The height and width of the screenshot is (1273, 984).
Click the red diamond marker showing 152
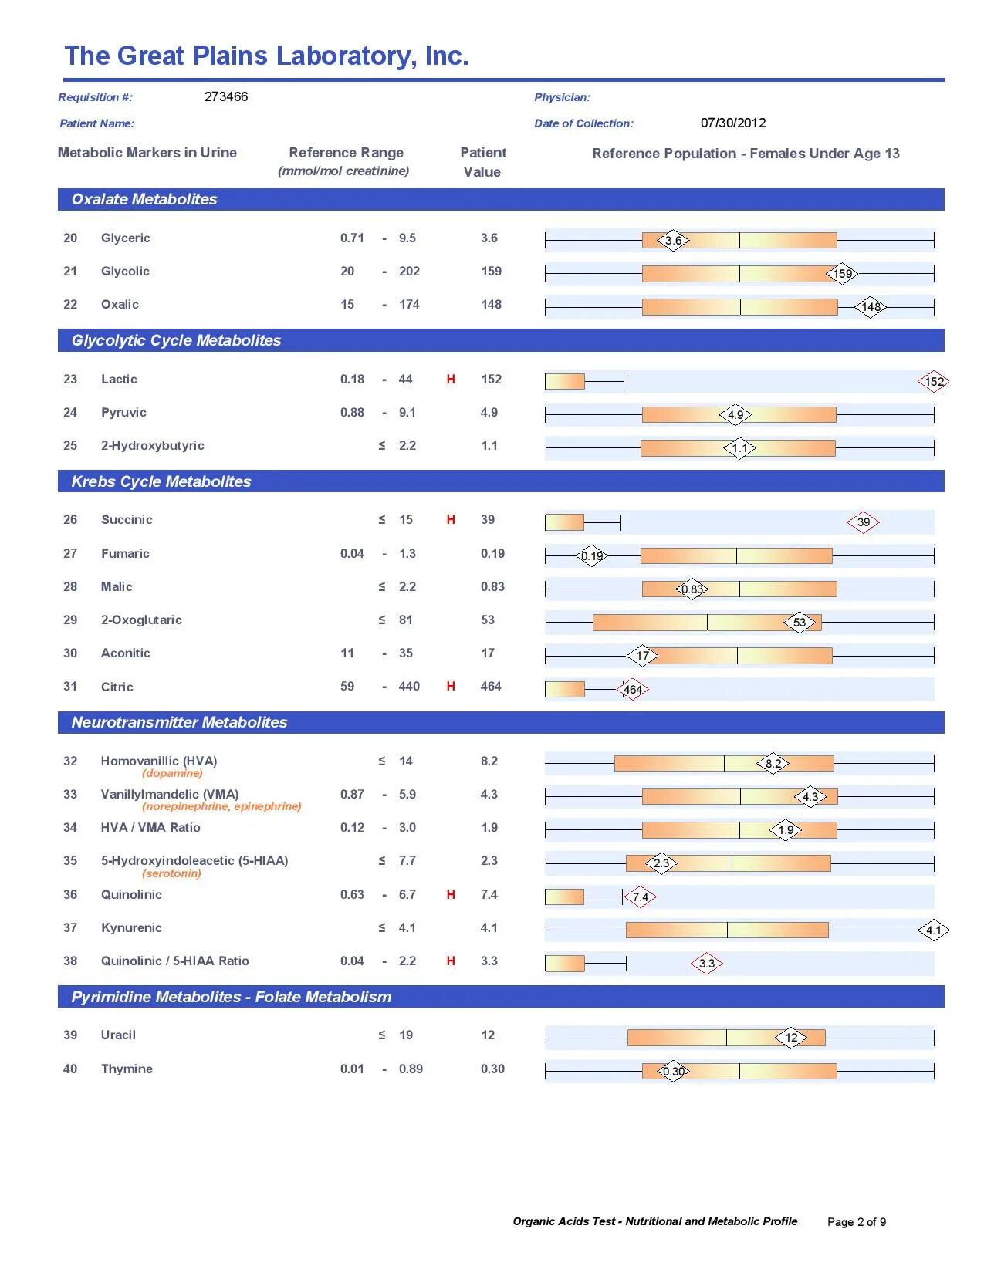[933, 381]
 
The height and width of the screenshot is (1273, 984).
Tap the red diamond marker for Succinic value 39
[863, 522]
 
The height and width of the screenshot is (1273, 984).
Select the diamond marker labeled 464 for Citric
[632, 690]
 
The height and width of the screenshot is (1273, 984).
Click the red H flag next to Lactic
[451, 379]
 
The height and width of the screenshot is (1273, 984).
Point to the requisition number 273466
[226, 96]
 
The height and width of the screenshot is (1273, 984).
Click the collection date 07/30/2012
[733, 123]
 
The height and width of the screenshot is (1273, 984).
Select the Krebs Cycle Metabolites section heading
[161, 481]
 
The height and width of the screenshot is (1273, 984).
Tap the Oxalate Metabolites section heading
[144, 199]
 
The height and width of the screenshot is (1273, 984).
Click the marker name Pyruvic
[123, 412]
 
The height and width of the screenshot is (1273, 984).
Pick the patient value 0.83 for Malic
[492, 586]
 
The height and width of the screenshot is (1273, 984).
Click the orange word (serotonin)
[171, 873]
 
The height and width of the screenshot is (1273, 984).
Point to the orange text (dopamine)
[172, 773]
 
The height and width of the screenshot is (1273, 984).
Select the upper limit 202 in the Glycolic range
[409, 271]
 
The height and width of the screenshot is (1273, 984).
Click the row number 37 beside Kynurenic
[70, 927]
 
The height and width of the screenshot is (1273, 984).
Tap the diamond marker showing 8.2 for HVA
[773, 764]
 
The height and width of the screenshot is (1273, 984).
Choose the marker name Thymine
[127, 1069]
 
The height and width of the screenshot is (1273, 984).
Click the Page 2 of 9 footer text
[857, 1221]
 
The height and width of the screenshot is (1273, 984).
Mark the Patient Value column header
[483, 162]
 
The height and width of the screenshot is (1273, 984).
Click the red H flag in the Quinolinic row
[451, 894]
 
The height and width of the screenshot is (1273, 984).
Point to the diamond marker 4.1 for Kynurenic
[934, 930]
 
